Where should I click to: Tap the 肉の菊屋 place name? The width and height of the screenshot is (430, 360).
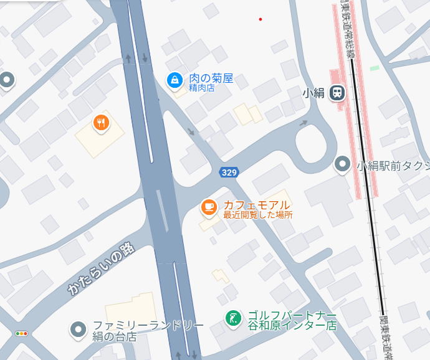pos(211,78)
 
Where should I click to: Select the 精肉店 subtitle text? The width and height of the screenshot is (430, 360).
pos(202,88)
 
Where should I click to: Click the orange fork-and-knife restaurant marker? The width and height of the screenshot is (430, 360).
pos(102,123)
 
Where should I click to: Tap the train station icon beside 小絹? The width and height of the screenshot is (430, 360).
pos(337,93)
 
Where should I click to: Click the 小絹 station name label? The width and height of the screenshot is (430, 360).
pos(313,93)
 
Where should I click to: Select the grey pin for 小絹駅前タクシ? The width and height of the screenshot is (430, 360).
pos(342,164)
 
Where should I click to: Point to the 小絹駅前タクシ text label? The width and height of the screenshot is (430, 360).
pos(393,166)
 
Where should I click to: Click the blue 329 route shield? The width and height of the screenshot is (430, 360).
pos(229,171)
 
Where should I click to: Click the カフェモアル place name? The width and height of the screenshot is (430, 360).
pos(257,205)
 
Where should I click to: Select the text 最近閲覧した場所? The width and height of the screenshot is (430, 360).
pos(257,215)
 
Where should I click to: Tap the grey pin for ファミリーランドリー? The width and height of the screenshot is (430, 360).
pos(78,329)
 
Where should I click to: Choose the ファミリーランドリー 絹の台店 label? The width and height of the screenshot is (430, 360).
pos(148,331)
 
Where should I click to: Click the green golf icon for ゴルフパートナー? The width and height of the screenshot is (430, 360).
pos(233,318)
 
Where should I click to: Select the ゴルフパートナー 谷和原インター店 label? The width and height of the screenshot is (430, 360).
pos(292,320)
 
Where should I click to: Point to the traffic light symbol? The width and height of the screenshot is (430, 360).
pos(22,334)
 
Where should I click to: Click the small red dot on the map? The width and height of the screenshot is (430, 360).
pos(260,19)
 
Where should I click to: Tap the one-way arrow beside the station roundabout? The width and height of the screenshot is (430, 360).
pos(303,123)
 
